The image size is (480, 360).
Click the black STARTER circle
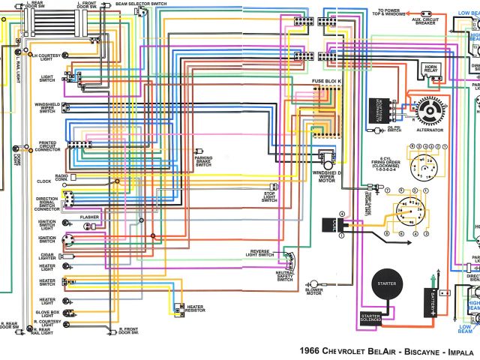coord(388,284)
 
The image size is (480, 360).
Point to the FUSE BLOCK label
coord(327,80)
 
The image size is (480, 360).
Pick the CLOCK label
coord(42,181)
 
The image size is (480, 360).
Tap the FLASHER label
coord(89,217)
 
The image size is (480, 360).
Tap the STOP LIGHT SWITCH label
coord(269,196)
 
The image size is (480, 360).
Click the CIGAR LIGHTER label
coord(47,255)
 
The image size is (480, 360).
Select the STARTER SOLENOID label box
coord(370,318)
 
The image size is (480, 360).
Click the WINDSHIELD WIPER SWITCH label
coord(46,108)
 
